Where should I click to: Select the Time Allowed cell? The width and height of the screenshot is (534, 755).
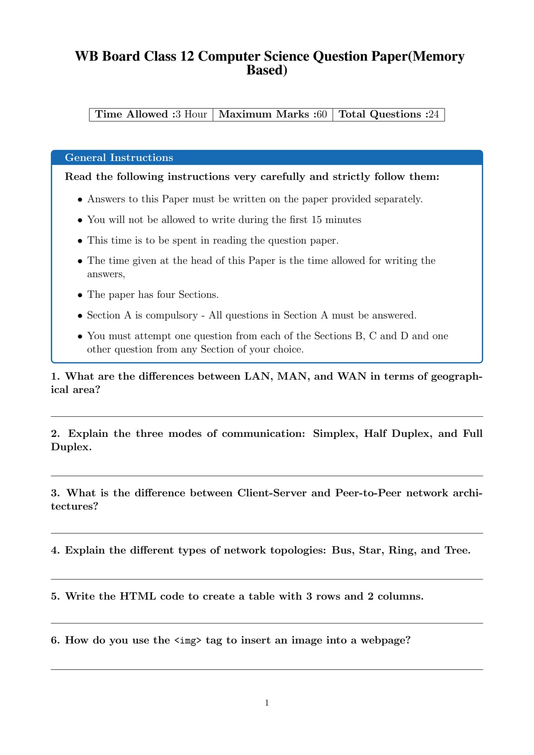(x=151, y=114)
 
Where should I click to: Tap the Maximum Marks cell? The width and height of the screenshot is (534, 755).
(x=273, y=114)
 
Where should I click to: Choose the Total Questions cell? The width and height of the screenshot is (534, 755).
(x=388, y=114)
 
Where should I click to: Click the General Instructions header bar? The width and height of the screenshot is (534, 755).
(x=267, y=158)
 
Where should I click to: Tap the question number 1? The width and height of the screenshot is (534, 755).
(x=55, y=377)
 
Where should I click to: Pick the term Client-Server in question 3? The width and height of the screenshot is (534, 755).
(x=272, y=493)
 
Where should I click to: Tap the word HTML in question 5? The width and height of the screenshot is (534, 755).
(x=137, y=597)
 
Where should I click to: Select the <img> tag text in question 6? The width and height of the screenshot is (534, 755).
(x=188, y=641)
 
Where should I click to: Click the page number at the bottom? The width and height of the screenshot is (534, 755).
(x=267, y=703)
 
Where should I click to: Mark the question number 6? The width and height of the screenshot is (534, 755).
(x=55, y=641)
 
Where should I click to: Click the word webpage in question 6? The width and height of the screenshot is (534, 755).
(x=385, y=641)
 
